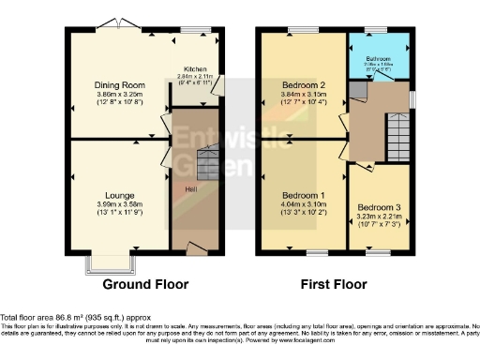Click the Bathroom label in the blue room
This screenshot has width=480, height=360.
coord(378,58)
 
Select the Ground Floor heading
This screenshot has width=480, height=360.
coord(145,284)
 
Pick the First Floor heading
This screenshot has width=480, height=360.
coord(335,284)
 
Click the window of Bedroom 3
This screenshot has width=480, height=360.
coord(378,252)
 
